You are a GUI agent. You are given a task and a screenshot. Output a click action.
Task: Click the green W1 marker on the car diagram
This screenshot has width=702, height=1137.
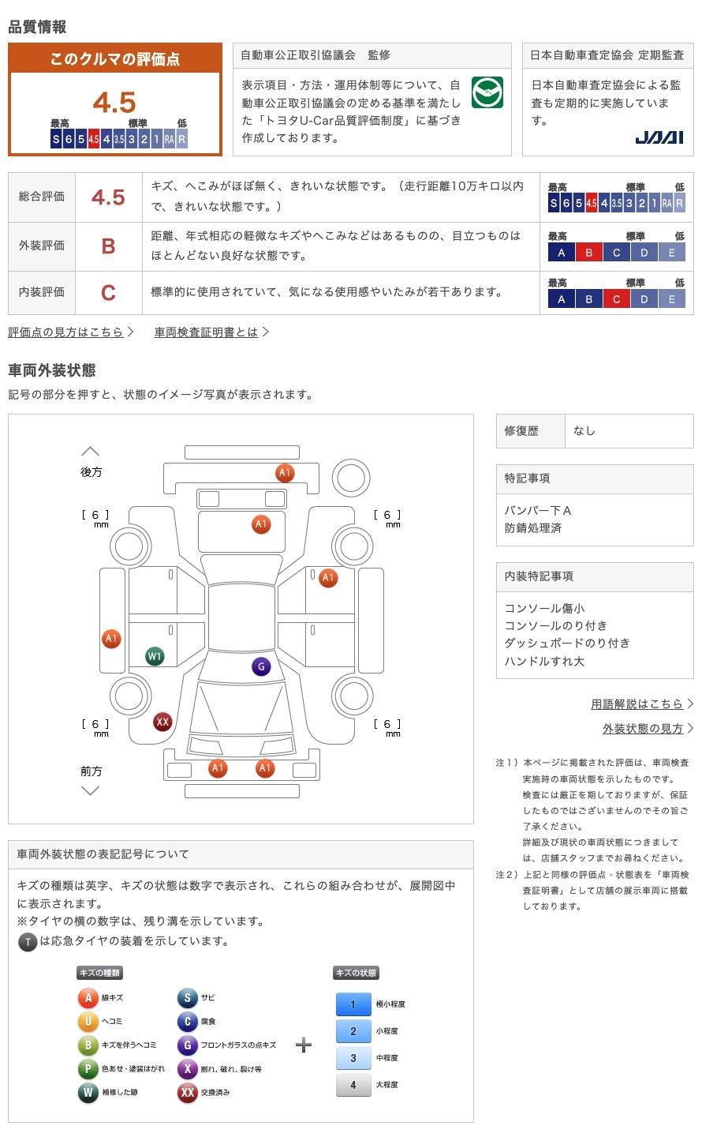(x=155, y=656)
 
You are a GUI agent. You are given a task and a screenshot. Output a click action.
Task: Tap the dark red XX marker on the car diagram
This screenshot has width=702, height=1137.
(x=162, y=722)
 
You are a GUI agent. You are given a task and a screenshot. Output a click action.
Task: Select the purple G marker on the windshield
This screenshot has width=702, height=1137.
(x=261, y=666)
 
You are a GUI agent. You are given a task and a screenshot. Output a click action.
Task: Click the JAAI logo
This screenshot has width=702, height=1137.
(x=659, y=137)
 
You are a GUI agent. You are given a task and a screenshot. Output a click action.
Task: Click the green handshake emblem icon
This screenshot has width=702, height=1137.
(x=487, y=93)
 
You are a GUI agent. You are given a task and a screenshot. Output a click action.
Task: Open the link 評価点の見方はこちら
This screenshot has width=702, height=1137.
(x=66, y=332)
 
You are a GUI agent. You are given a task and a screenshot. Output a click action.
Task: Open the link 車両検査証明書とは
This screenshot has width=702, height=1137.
(x=207, y=332)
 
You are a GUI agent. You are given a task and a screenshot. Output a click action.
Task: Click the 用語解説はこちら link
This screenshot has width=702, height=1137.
(x=637, y=704)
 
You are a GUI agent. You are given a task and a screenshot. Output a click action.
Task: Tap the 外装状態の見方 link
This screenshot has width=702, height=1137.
(x=643, y=728)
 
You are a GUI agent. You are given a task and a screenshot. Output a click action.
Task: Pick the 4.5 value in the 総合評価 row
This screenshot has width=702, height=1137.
(x=108, y=197)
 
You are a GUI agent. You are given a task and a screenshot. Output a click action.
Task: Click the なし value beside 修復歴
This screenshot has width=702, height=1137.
(x=584, y=430)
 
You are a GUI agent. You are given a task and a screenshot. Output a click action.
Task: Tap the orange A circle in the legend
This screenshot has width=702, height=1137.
(x=88, y=998)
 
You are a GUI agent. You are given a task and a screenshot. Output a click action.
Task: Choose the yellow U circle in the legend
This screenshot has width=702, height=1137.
(x=88, y=1022)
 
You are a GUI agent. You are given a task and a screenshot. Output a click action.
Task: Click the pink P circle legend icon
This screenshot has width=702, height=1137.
(x=88, y=1069)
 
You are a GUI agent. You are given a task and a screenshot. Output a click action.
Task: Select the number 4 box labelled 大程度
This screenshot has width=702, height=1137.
(x=353, y=1085)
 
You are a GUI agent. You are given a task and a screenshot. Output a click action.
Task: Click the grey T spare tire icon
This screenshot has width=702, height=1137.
(x=28, y=941)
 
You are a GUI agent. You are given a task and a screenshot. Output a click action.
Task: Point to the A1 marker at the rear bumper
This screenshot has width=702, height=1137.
(x=285, y=473)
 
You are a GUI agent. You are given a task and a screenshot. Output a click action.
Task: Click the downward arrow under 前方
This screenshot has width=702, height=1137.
(x=91, y=790)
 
